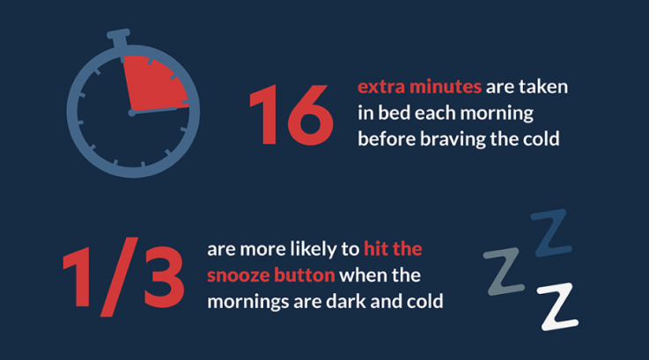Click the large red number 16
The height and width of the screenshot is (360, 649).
coord(291,114)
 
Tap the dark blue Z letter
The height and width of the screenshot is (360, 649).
coord(550,231)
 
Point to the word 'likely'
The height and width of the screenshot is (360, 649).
coord(322,249)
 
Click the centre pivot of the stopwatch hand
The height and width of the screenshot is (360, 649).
coord(132,113)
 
